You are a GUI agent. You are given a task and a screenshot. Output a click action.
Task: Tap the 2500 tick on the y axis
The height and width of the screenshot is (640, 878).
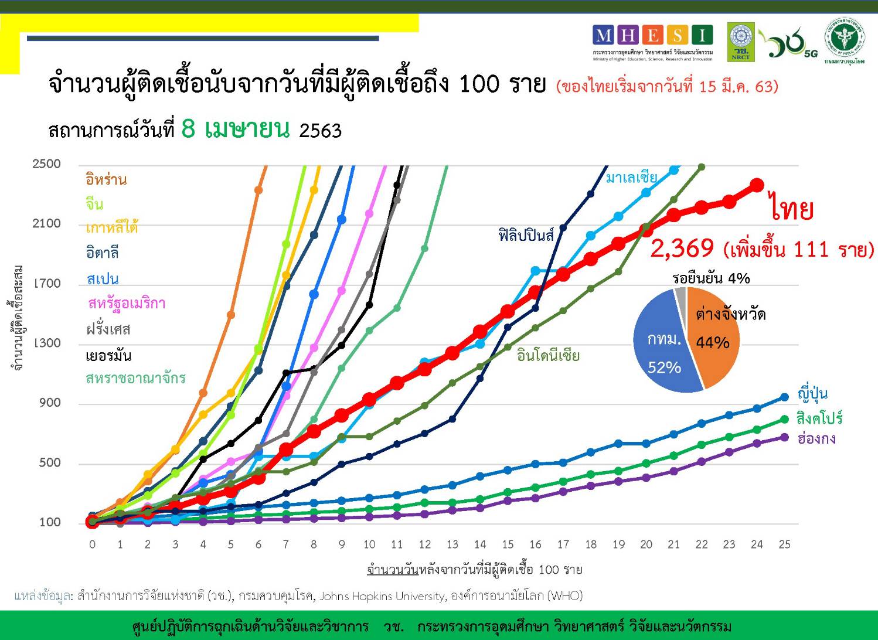47,164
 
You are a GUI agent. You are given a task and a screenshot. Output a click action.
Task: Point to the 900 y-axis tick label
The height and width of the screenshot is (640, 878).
50,403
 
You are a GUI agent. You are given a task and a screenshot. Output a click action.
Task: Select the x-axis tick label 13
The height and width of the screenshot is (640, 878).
452,544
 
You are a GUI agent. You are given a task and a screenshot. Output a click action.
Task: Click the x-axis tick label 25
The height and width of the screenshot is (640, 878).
784,544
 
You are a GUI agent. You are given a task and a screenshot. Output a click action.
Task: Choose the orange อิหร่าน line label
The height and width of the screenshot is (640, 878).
106,180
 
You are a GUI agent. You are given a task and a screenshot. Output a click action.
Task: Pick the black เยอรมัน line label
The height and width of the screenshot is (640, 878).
108,356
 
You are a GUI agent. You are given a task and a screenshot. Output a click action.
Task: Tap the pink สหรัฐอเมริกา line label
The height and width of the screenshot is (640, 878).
127,304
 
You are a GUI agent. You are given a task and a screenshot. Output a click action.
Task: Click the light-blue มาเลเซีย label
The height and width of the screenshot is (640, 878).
631,177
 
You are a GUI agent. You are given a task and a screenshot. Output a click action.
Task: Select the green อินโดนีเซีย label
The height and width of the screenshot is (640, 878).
548,356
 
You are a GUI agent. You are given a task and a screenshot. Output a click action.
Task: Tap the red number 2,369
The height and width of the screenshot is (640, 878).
682,249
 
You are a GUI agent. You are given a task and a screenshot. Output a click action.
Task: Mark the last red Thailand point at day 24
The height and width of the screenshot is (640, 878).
757,185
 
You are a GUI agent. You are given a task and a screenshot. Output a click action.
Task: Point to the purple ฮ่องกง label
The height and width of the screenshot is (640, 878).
816,439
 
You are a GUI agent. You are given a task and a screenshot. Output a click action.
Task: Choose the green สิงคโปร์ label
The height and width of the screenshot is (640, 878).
819,418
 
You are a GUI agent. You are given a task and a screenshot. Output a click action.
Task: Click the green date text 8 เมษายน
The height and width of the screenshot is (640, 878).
235,128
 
